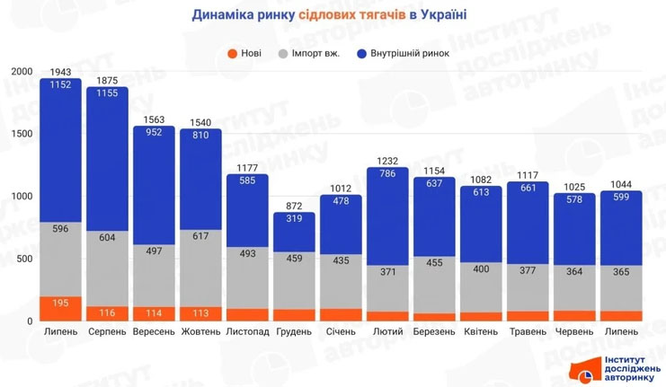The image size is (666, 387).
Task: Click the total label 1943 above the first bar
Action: tap(61, 72)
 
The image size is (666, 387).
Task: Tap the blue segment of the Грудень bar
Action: tap(295, 233)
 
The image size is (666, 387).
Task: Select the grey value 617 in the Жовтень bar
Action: tap(201, 236)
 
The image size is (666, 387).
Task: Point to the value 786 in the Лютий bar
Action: tap(388, 176)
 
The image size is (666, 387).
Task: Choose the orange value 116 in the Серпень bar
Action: tap(108, 312)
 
